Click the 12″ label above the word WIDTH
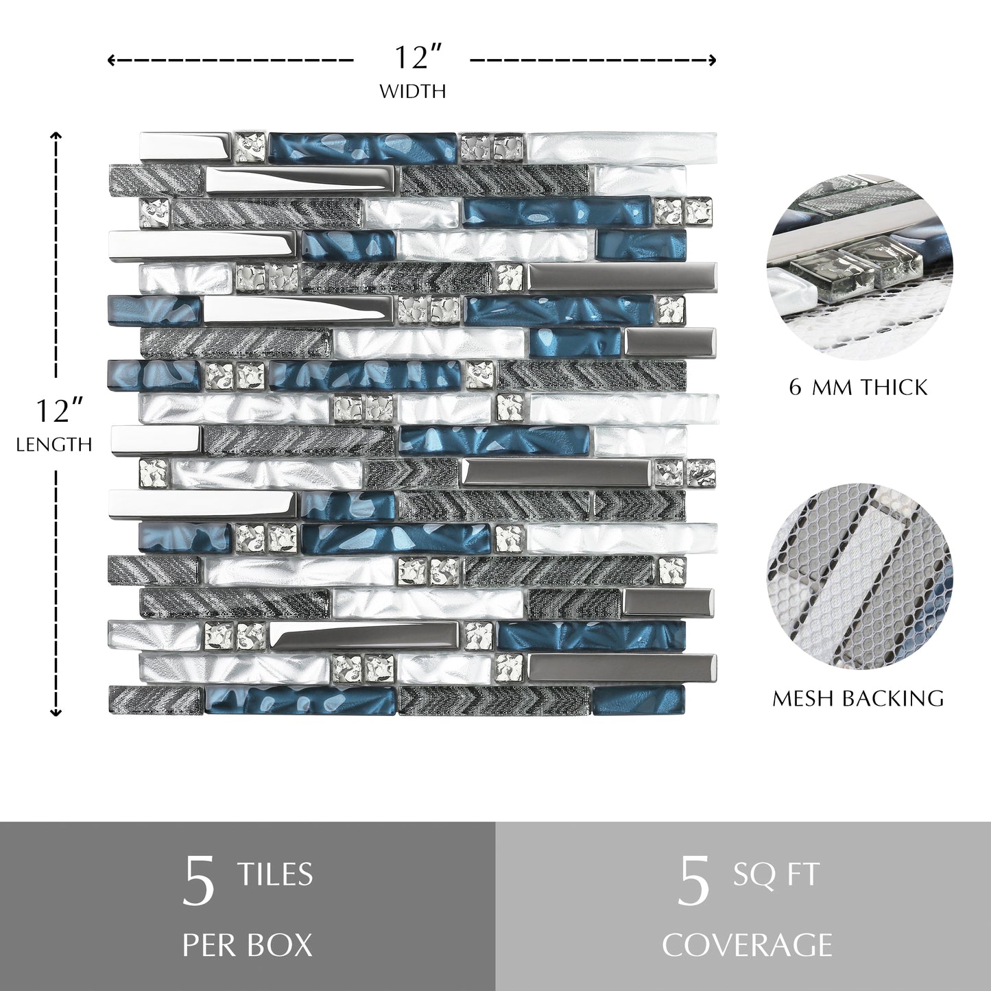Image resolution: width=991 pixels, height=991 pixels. coord(418,58)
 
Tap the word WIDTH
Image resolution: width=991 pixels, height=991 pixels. coord(413,92)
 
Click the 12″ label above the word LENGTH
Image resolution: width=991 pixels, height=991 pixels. coord(53,411)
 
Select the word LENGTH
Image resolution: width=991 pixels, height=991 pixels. coord(54,445)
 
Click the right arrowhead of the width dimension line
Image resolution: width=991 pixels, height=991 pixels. coord(713,60)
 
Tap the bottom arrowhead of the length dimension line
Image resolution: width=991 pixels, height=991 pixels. coord(56,713)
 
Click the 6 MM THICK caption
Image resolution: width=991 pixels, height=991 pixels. coord(859,387)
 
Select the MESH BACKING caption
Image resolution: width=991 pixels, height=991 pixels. coord(859,698)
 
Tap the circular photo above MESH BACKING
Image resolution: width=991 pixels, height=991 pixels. coord(859,576)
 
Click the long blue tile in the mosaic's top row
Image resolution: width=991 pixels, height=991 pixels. coord(363,145)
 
